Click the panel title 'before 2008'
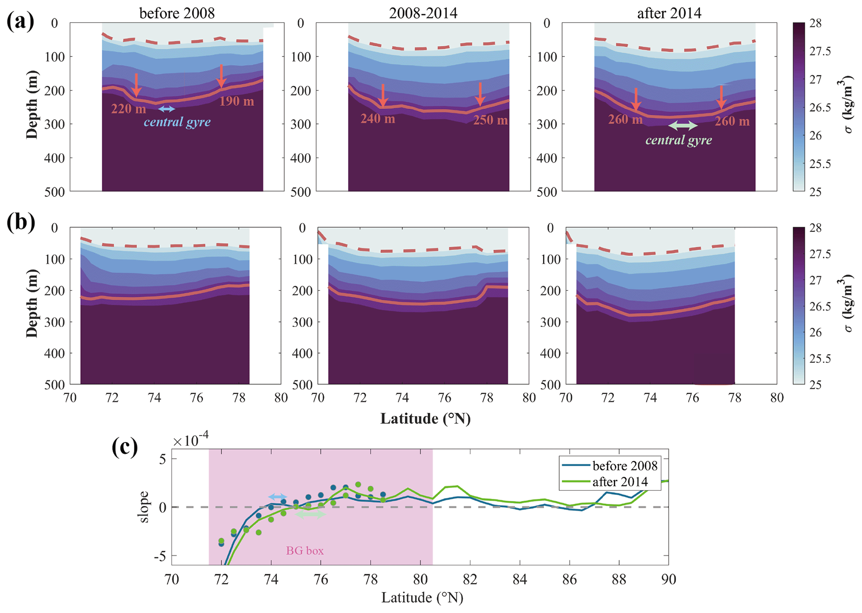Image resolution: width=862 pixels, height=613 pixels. click(x=177, y=13)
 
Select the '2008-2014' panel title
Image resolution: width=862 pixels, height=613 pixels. click(x=423, y=13)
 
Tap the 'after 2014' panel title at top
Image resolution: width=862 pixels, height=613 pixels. click(x=669, y=13)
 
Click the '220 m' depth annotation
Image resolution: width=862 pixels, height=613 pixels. click(x=128, y=109)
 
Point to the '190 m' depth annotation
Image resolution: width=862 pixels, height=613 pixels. click(x=237, y=101)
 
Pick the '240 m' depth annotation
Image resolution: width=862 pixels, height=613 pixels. click(x=377, y=119)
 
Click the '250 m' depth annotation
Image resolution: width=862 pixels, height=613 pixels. click(x=490, y=120)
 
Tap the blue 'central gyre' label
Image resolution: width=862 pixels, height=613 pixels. click(x=177, y=122)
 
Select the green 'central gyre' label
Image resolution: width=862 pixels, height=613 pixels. click(x=679, y=140)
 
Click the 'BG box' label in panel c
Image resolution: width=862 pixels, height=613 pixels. click(x=305, y=551)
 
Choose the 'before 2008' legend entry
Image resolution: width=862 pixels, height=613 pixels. click(x=624, y=465)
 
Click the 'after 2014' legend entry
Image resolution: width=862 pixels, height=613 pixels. click(x=620, y=482)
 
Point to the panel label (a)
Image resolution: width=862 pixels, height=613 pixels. click(x=20, y=22)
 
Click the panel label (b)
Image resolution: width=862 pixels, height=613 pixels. click(x=20, y=222)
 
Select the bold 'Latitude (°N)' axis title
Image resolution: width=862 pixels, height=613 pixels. click(x=425, y=418)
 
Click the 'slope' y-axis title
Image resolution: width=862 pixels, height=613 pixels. click(x=143, y=507)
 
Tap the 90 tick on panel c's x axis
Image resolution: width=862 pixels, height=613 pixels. click(x=668, y=579)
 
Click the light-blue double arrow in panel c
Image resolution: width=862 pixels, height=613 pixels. click(x=277, y=497)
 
